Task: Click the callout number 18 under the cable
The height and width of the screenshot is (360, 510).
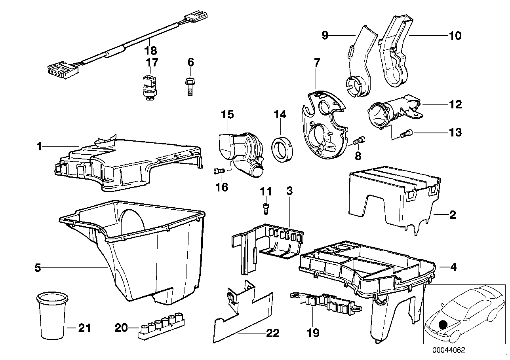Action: click(151, 51)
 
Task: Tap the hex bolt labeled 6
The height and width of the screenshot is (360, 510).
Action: click(190, 85)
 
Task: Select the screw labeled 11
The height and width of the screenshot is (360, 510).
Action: click(266, 207)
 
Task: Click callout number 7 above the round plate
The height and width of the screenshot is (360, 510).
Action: click(316, 63)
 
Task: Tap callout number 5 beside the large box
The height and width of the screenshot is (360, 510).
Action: click(38, 268)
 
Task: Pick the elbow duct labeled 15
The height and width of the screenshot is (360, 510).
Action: click(238, 152)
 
